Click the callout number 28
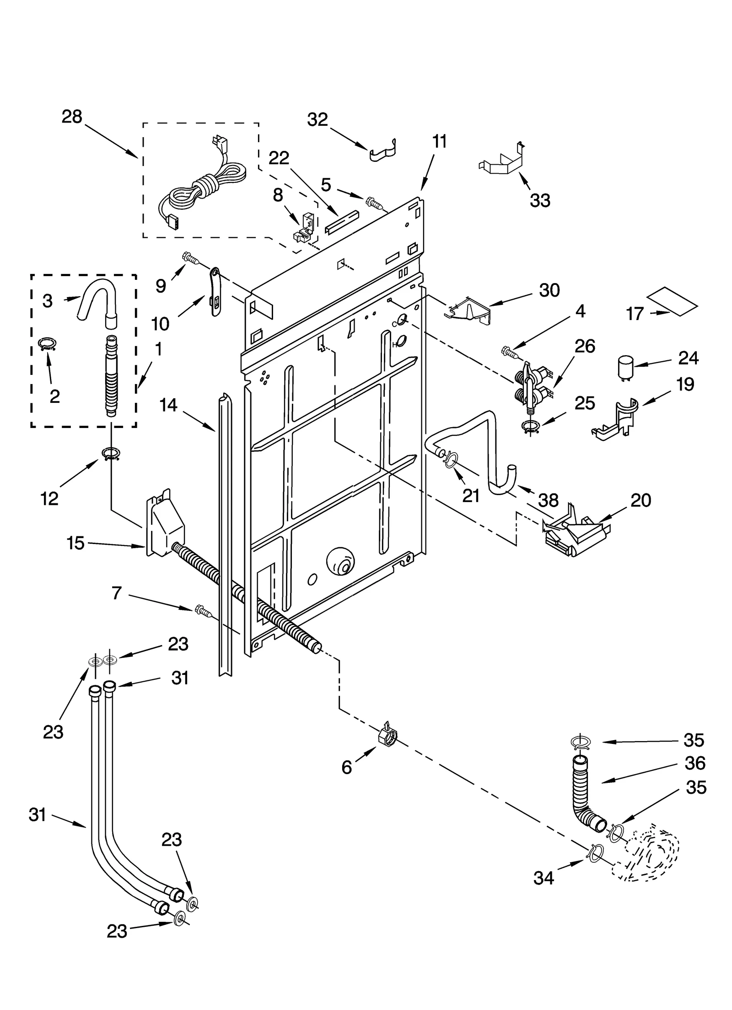(72, 117)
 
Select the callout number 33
(540, 200)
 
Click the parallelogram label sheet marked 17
(674, 302)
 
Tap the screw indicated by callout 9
(190, 258)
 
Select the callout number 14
(168, 405)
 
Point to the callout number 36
(695, 764)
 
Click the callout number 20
(640, 500)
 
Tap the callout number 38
(548, 500)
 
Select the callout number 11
(439, 142)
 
